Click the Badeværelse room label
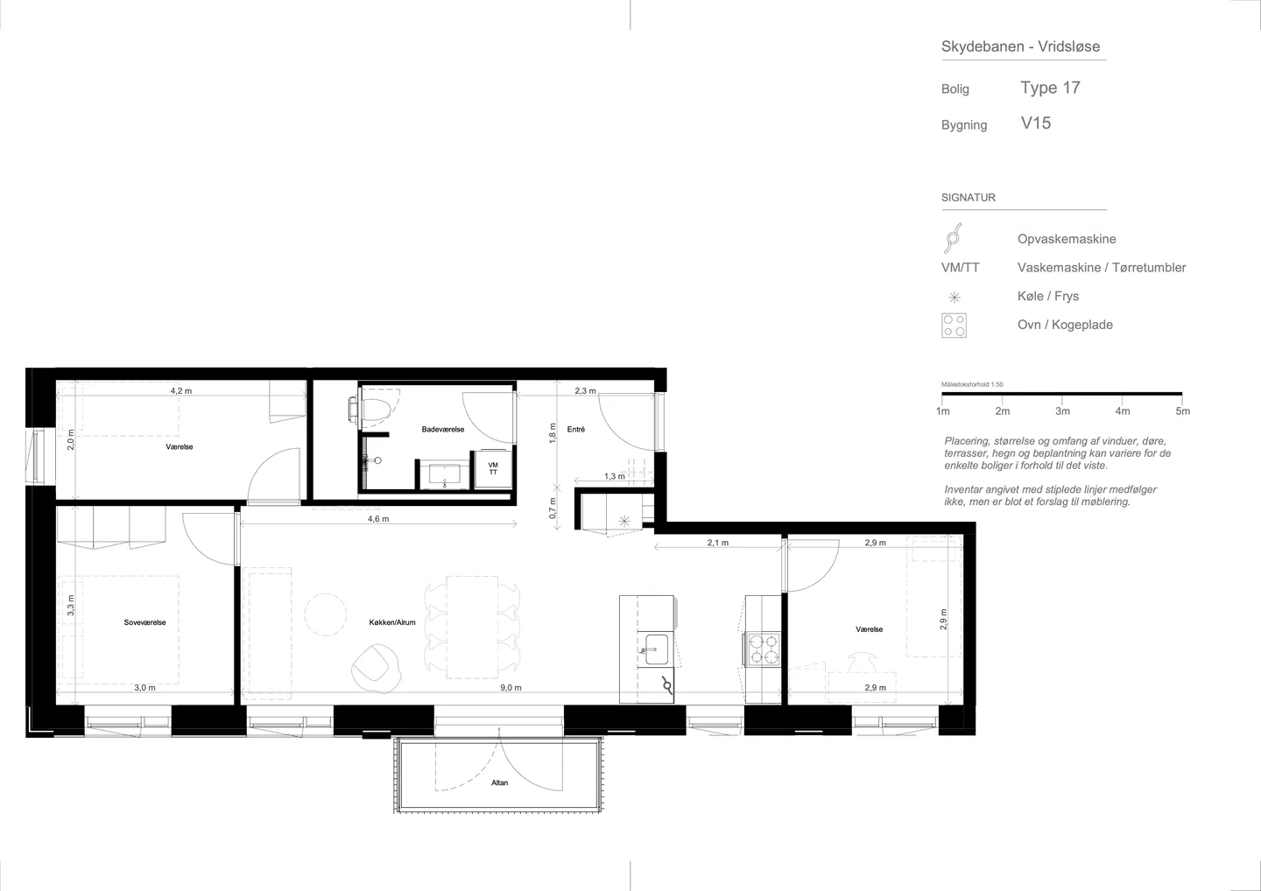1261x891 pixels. [x=443, y=429]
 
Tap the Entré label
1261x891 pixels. [x=576, y=429]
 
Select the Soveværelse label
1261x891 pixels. [x=144, y=622]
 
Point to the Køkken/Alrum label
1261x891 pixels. [x=392, y=622]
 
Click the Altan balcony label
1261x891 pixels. [x=499, y=782]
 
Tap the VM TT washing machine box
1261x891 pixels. [x=493, y=468]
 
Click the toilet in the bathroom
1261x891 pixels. [x=372, y=410]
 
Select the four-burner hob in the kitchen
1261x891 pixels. [x=764, y=649]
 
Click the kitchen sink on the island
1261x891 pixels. [x=657, y=649]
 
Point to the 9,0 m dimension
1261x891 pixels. [x=511, y=687]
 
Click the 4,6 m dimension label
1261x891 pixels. [x=378, y=519]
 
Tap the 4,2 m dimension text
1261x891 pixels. [x=181, y=390]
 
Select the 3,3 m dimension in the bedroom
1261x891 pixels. [x=70, y=606]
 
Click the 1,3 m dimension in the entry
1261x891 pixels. [x=615, y=476]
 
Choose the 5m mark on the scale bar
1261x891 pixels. [x=1183, y=411]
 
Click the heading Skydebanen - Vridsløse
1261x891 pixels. [x=1021, y=46]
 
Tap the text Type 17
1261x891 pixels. [x=1051, y=88]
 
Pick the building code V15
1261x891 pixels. [x=1036, y=123]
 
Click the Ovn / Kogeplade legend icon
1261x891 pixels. [x=954, y=325]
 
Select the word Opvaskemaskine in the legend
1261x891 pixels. [x=1067, y=239]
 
